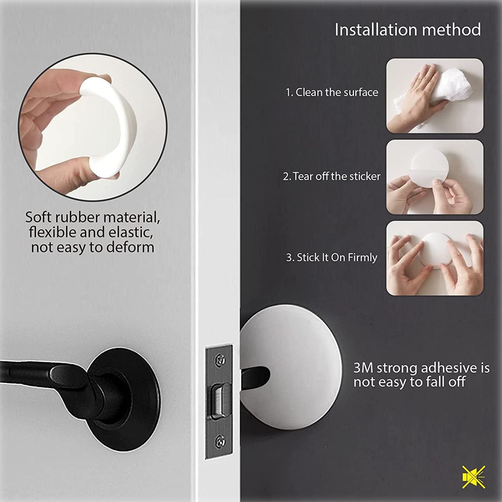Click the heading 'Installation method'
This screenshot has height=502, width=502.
(x=408, y=30)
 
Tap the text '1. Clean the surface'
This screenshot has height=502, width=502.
(x=332, y=92)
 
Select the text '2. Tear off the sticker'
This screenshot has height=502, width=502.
(x=332, y=176)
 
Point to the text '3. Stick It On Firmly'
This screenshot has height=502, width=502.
(x=332, y=258)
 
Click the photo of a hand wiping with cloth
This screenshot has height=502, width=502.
(x=435, y=96)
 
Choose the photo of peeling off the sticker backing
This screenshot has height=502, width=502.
(x=435, y=177)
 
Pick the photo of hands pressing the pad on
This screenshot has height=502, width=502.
(x=435, y=258)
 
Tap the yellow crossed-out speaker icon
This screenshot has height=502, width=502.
(x=474, y=477)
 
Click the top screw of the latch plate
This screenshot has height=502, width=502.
(x=220, y=359)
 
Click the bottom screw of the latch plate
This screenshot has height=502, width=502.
(x=220, y=442)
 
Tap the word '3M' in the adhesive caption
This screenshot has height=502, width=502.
(x=363, y=368)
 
